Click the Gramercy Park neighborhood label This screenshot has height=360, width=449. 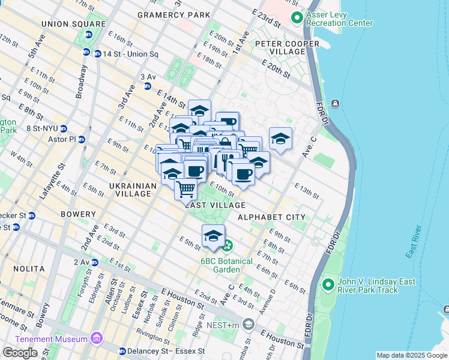point(173,14)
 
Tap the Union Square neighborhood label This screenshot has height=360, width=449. point(65,23)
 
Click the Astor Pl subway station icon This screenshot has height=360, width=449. point(82,139)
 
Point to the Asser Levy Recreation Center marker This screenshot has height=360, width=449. point(296,19)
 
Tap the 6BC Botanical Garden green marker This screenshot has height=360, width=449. point(227,245)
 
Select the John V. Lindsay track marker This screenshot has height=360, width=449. point(328,284)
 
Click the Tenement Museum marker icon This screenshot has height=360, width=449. point(97,340)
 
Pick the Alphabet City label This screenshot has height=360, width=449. point(271,217)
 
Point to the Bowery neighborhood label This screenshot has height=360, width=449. point(78,214)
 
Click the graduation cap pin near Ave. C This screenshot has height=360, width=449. point(280,139)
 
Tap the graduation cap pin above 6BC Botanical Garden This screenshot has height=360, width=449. point(213,236)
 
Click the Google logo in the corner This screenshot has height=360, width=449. point(20,352)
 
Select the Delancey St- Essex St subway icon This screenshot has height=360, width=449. point(122,351)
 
